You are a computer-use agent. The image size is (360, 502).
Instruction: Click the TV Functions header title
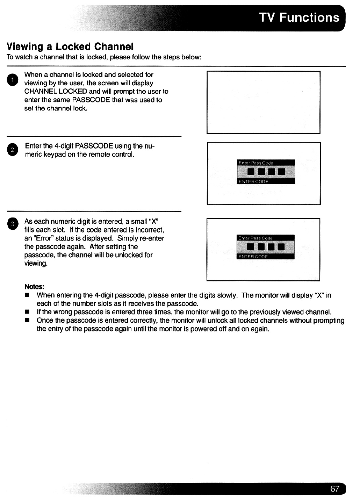point(299,17)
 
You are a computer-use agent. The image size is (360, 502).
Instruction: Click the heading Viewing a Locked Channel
point(70,46)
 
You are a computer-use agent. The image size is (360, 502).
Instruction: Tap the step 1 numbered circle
point(12,80)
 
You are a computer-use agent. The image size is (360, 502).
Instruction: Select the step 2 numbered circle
point(12,150)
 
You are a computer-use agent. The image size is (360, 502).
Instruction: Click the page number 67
point(334,489)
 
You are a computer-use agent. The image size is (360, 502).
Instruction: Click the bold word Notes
point(34,287)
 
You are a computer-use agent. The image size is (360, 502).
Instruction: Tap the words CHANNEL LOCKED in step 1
point(56,92)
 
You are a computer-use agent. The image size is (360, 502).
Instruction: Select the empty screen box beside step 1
point(263,102)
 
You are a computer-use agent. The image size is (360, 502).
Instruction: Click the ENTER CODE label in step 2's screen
point(253,182)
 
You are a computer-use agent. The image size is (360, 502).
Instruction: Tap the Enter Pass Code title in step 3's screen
point(255,238)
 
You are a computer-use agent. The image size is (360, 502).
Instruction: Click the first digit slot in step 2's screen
point(251,172)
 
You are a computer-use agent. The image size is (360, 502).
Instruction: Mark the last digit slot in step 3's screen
point(281,248)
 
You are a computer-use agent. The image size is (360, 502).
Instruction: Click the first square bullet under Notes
point(27,295)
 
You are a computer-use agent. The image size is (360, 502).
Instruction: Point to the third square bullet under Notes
point(27,321)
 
